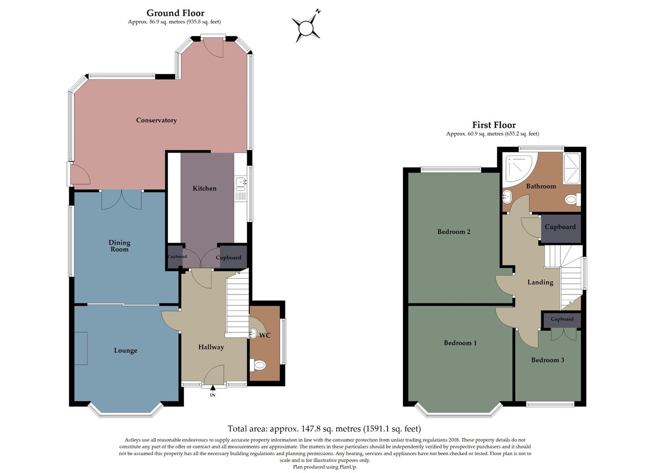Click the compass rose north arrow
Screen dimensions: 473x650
[x=306, y=28]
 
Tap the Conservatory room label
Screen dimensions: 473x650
[x=156, y=120]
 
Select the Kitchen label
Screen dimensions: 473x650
[x=204, y=188]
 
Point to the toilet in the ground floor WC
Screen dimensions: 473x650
[x=258, y=364]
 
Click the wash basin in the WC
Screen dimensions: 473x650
[x=253, y=333]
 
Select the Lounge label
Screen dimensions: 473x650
[x=126, y=350]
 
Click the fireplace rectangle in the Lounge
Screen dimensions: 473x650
[x=81, y=348]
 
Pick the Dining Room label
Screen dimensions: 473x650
[x=119, y=246]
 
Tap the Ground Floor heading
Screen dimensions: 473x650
[x=175, y=13]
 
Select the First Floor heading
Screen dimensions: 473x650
[x=494, y=125]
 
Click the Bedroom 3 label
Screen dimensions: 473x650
[x=548, y=360]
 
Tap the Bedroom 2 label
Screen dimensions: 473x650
[x=454, y=232]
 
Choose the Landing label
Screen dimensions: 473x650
[x=540, y=282]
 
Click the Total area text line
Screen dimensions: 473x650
[x=324, y=429]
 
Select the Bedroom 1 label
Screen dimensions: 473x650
[x=460, y=343]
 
